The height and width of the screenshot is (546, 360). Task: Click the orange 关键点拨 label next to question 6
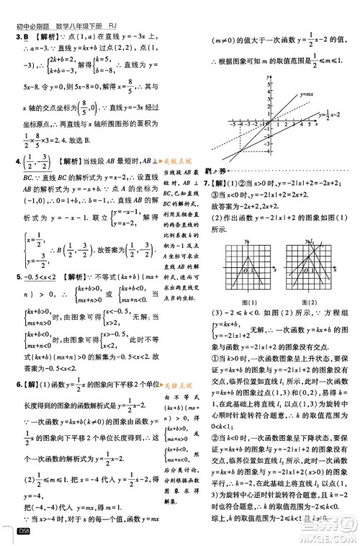point(178,386)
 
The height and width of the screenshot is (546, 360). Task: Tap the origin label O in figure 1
point(244,270)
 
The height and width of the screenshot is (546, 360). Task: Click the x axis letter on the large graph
point(318,123)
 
